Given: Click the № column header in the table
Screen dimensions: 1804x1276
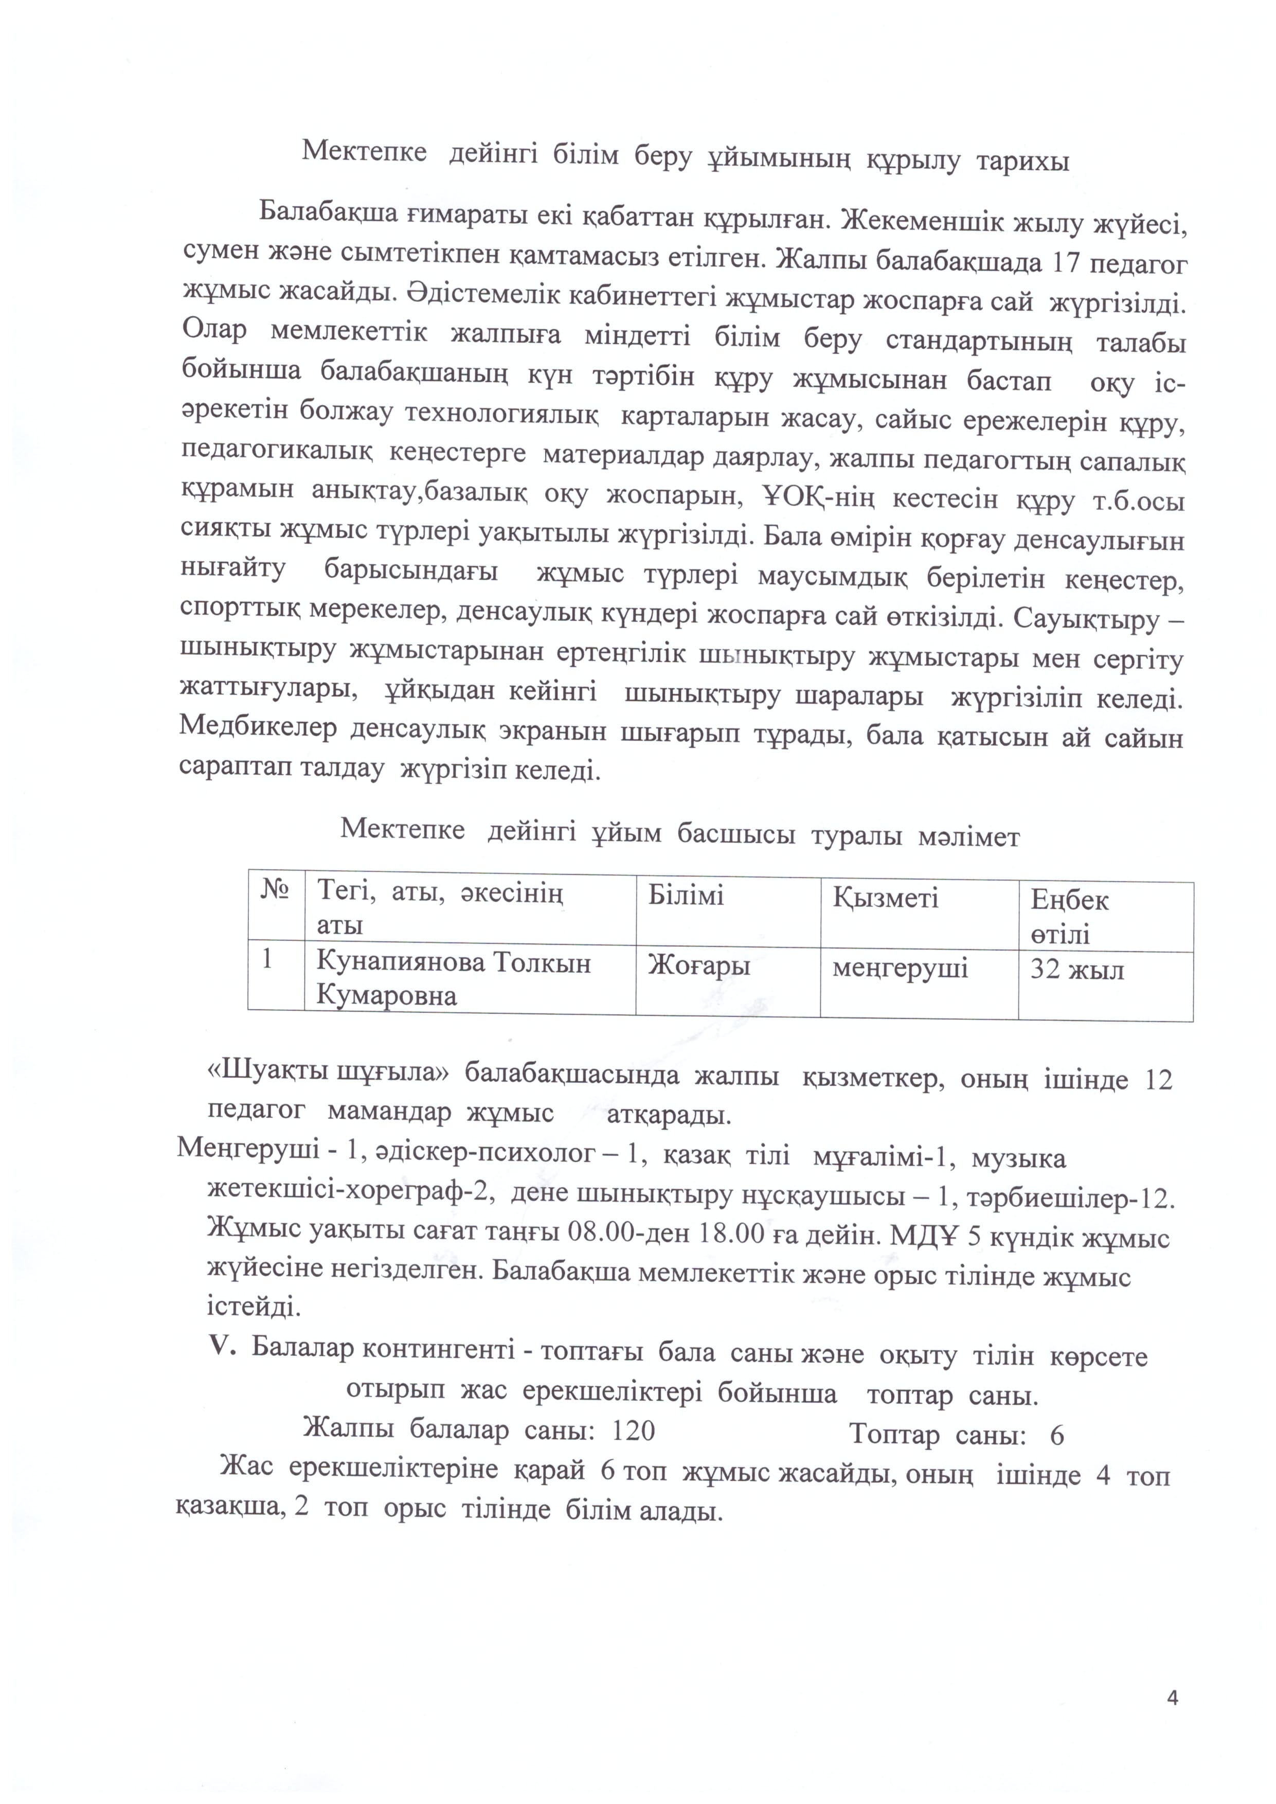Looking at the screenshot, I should pyautogui.click(x=275, y=890).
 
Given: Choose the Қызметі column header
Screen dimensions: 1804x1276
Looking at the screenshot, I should pyautogui.click(x=886, y=899).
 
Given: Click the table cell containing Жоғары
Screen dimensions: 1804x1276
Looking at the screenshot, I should pyautogui.click(x=698, y=966).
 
